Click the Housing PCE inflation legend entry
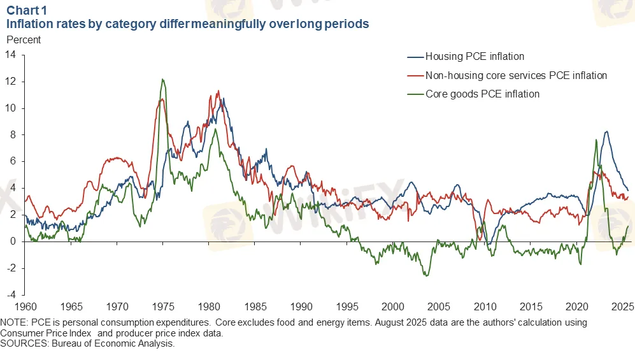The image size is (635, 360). [474, 57]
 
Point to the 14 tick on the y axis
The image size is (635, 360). [11, 55]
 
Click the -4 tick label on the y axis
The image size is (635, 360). [11, 295]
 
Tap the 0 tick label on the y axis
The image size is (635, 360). [13, 241]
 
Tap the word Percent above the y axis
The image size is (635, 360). [23, 40]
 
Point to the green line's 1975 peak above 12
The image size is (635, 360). [162, 80]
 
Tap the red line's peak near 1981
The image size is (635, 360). [218, 90]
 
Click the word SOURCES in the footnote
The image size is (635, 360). [23, 343]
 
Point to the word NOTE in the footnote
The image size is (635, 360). [14, 323]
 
